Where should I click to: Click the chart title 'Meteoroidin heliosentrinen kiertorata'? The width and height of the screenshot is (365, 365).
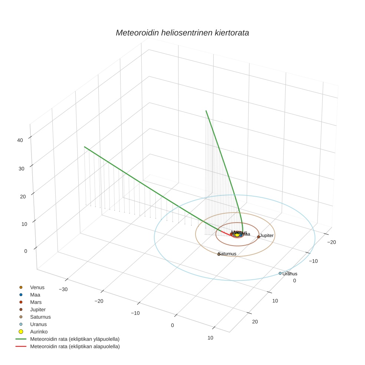pos(182,33)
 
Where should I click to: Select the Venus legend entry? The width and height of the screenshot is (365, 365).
pos(37,287)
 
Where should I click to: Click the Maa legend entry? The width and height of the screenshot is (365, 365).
pos(35,295)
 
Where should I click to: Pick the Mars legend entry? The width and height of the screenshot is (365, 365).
pos(36,302)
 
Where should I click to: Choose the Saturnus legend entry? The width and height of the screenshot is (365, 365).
pos(40,317)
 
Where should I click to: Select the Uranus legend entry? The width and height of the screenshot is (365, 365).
pos(38,325)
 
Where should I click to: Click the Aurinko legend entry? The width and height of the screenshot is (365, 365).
pos(39,332)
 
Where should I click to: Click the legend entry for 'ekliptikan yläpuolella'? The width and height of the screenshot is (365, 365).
pos(75,339)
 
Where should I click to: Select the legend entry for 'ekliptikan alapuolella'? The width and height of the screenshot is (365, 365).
pos(75,346)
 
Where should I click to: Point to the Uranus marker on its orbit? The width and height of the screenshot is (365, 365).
pos(280,273)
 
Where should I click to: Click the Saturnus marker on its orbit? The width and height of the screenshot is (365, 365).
pos(219,254)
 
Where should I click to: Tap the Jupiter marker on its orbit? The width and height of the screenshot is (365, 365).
pos(259,237)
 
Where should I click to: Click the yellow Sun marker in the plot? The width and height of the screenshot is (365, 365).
pos(237,235)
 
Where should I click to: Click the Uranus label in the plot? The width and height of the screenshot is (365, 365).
pos(290,274)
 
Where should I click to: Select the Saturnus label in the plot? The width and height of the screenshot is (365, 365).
pos(227,254)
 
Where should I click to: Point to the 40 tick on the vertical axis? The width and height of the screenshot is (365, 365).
pos(20,140)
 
